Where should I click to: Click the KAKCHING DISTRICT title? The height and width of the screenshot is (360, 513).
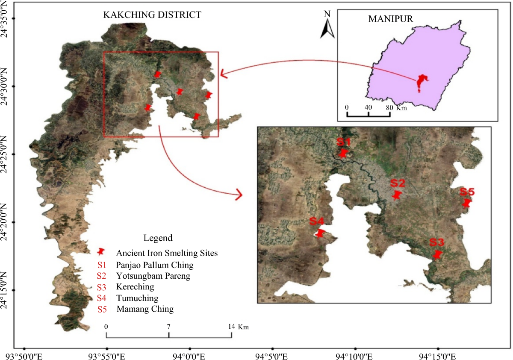pos(152,15)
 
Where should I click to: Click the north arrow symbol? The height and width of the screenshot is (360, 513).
pos(327,28)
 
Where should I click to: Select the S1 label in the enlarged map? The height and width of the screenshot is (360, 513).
pos(343,142)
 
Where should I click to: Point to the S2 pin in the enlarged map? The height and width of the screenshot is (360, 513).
pos(397,195)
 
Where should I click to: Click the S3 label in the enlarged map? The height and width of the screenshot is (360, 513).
pos(437,242)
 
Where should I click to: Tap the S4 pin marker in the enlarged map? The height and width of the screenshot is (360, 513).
pos(320,233)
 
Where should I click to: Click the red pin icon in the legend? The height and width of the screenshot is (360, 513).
pos(101,252)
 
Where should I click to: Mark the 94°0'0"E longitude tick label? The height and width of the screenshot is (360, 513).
pos(190,356)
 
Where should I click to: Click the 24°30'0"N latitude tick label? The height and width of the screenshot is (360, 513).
pos(6,86)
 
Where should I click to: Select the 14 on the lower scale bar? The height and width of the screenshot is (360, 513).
pos(231,327)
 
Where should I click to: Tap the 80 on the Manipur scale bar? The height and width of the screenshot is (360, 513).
pos(388,107)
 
